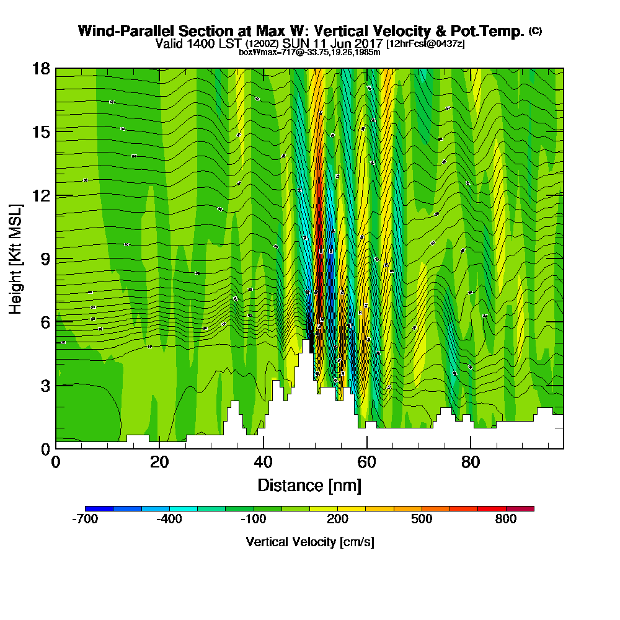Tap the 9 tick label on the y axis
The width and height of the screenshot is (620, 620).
click(45, 259)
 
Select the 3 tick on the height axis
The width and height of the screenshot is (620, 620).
click(45, 385)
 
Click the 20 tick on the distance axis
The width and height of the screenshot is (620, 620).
click(159, 462)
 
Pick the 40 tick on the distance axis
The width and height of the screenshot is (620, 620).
click(263, 462)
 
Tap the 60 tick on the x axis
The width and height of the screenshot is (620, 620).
click(367, 462)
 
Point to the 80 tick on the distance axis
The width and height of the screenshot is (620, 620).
click(471, 462)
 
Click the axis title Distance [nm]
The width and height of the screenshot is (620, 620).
click(309, 485)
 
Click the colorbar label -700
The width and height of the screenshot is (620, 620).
click(85, 520)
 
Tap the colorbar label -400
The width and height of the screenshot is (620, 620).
click(169, 520)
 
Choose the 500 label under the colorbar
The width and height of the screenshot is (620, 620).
click(422, 520)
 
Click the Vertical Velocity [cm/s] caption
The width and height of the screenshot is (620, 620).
click(309, 542)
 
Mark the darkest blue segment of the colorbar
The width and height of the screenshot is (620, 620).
click(99, 508)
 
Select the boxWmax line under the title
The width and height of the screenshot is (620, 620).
click(309, 52)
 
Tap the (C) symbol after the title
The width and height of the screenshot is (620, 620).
click(534, 31)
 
